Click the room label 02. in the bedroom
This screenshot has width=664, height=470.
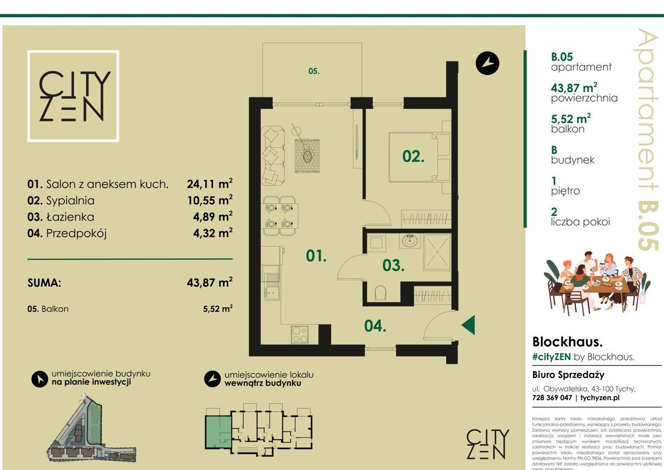pyautogui.click(x=413, y=156)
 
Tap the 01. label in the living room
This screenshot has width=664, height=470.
pyautogui.click(x=316, y=255)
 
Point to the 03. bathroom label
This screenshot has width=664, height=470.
pyautogui.click(x=393, y=265)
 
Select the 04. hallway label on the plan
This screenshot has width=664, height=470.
pyautogui.click(x=375, y=326)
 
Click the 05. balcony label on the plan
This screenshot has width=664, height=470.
pyautogui.click(x=314, y=71)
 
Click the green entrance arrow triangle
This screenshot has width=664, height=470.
pyautogui.click(x=468, y=325)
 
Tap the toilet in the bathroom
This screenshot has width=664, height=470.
pyautogui.click(x=380, y=292)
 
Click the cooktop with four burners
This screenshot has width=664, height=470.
pyautogui.click(x=299, y=334)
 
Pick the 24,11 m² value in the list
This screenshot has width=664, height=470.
pyautogui.click(x=210, y=184)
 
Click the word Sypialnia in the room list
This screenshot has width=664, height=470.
pyautogui.click(x=70, y=200)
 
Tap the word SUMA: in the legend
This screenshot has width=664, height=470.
pyautogui.click(x=44, y=282)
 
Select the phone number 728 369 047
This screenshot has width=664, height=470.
pyautogui.click(x=552, y=398)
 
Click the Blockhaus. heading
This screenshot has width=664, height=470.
pyautogui.click(x=567, y=341)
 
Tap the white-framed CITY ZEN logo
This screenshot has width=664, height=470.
pyautogui.click(x=73, y=96)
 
